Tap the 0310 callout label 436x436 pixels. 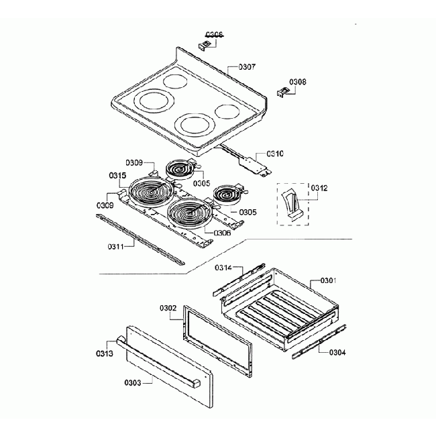click(275, 153)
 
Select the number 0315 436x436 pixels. click(117, 176)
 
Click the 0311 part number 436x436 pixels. click(116, 246)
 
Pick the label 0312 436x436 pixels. click(319, 188)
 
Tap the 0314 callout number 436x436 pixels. click(223, 268)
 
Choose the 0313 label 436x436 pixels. click(105, 353)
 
